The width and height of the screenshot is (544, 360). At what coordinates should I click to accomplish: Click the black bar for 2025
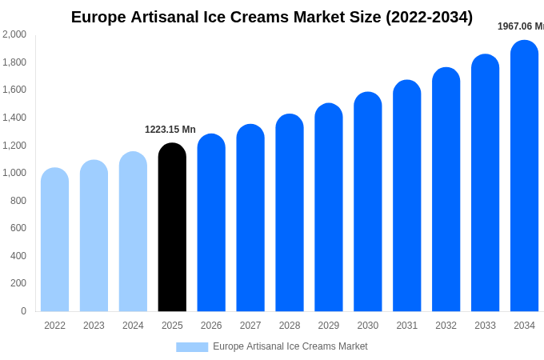pyautogui.click(x=172, y=228)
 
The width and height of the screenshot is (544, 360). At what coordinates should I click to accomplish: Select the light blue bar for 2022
pyautogui.click(x=54, y=240)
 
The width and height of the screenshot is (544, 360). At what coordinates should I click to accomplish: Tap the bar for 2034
pyautogui.click(x=524, y=176)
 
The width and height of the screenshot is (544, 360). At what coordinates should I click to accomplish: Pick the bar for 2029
pyautogui.click(x=329, y=208)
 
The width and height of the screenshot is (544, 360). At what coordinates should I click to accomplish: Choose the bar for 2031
pyautogui.click(x=407, y=196)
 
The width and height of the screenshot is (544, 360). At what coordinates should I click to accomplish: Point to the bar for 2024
pyautogui.click(x=133, y=232)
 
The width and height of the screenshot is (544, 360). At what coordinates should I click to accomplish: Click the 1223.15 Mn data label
pyautogui.click(x=170, y=130)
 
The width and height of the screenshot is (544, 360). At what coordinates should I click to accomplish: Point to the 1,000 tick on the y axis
pyautogui.click(x=14, y=173)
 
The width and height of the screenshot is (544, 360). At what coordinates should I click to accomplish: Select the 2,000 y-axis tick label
pyautogui.click(x=14, y=34)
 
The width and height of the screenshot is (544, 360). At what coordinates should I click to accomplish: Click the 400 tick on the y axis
pyautogui.click(x=18, y=256)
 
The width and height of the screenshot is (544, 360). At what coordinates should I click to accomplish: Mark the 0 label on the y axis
pyautogui.click(x=23, y=311)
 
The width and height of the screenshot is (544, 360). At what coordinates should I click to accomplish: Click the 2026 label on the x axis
pyautogui.click(x=211, y=326)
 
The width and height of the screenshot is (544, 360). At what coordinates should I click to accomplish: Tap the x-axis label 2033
pyautogui.click(x=485, y=326)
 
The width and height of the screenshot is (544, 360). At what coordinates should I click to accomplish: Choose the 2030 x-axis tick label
pyautogui.click(x=368, y=326)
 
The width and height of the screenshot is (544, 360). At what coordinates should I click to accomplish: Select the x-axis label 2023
pyautogui.click(x=94, y=326)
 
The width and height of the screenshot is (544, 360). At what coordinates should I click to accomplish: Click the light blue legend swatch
pyautogui.click(x=192, y=347)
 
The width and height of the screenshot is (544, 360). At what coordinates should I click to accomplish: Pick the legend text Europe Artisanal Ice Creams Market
pyautogui.click(x=290, y=346)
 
